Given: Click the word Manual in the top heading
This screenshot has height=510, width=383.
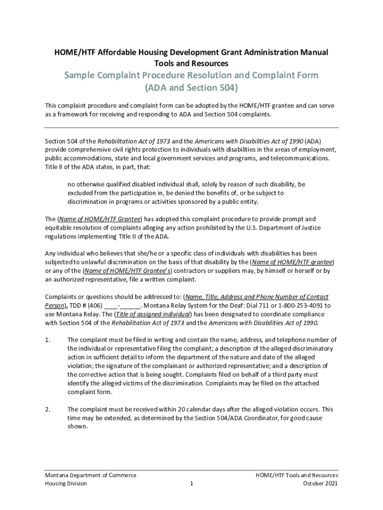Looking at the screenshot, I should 312,52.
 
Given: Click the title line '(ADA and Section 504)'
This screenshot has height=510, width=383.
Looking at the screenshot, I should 191,88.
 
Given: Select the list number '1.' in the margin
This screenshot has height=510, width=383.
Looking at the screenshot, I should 47,340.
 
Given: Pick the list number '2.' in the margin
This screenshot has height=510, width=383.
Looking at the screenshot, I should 47,409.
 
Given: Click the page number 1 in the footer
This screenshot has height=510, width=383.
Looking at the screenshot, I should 191,484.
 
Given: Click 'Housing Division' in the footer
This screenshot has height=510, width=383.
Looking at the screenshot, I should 66,484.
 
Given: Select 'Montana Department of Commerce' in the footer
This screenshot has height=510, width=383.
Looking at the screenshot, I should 91,475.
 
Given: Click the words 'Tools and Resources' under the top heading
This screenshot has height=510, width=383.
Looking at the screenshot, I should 191,63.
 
